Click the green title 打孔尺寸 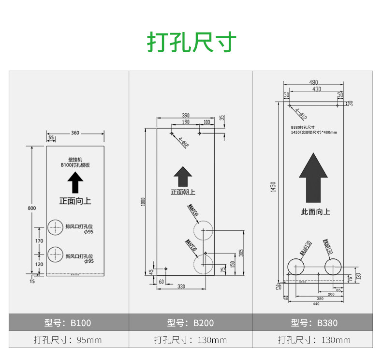click(191, 42)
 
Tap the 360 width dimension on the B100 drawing click(75, 133)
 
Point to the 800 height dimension click(32, 208)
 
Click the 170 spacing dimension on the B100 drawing click(40, 240)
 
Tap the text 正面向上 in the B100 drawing click(75, 200)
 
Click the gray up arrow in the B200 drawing click(183, 177)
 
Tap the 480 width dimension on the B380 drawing click(313, 82)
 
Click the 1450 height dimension click(273, 187)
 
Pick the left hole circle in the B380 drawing click(296, 267)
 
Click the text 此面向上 click(315, 212)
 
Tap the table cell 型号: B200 click(191, 323)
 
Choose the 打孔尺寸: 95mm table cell click(68, 340)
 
